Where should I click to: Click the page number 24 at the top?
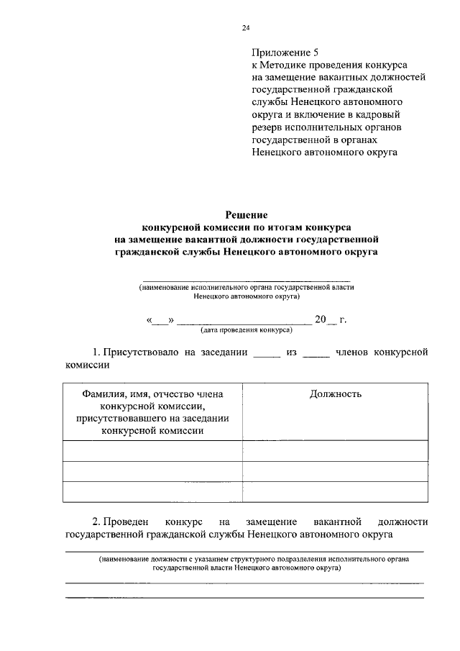(x=246, y=28)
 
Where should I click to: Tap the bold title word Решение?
(x=247, y=214)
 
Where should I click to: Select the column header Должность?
(x=336, y=393)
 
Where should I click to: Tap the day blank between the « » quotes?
(x=160, y=320)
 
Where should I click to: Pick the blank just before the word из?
(x=266, y=353)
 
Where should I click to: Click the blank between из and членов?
(x=316, y=353)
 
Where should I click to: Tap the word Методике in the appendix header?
(x=287, y=65)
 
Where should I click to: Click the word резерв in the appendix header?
(x=267, y=127)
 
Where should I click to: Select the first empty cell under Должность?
(x=336, y=450)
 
